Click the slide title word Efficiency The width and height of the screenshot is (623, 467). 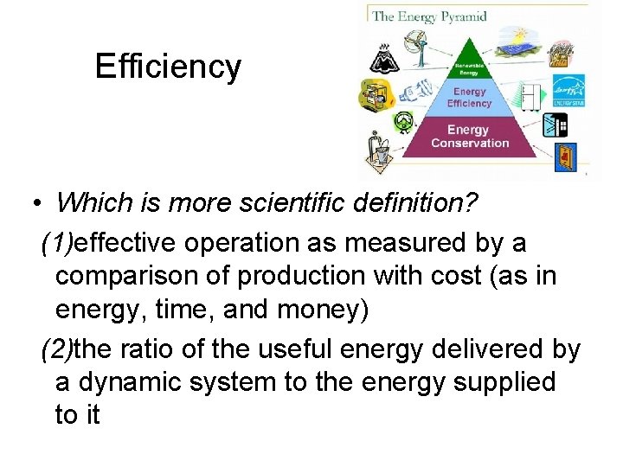(x=168, y=67)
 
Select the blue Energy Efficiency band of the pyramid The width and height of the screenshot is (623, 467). (x=469, y=97)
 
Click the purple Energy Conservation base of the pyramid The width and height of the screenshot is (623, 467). (x=470, y=137)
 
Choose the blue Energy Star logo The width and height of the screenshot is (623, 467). (x=570, y=89)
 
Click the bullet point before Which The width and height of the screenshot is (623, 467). (x=36, y=204)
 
